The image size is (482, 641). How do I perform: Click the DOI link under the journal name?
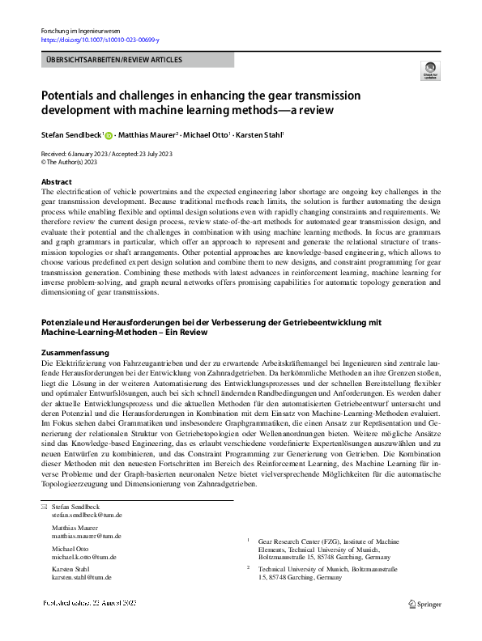(100, 40)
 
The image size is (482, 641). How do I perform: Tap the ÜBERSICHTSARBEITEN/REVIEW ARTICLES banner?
(113, 60)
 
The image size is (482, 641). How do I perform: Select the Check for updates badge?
(430, 70)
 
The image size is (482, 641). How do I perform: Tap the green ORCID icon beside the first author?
(109, 136)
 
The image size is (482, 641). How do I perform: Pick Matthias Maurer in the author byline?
(149, 135)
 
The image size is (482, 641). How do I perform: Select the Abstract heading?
(56, 182)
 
